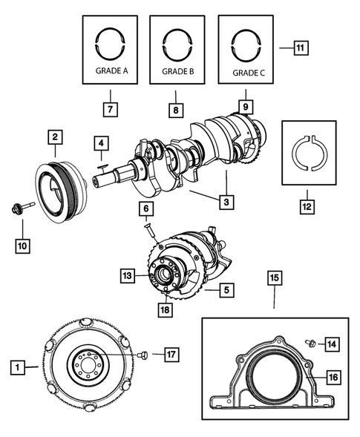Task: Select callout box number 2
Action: (55, 137)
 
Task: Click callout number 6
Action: (147, 210)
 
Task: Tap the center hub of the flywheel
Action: (89, 367)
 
